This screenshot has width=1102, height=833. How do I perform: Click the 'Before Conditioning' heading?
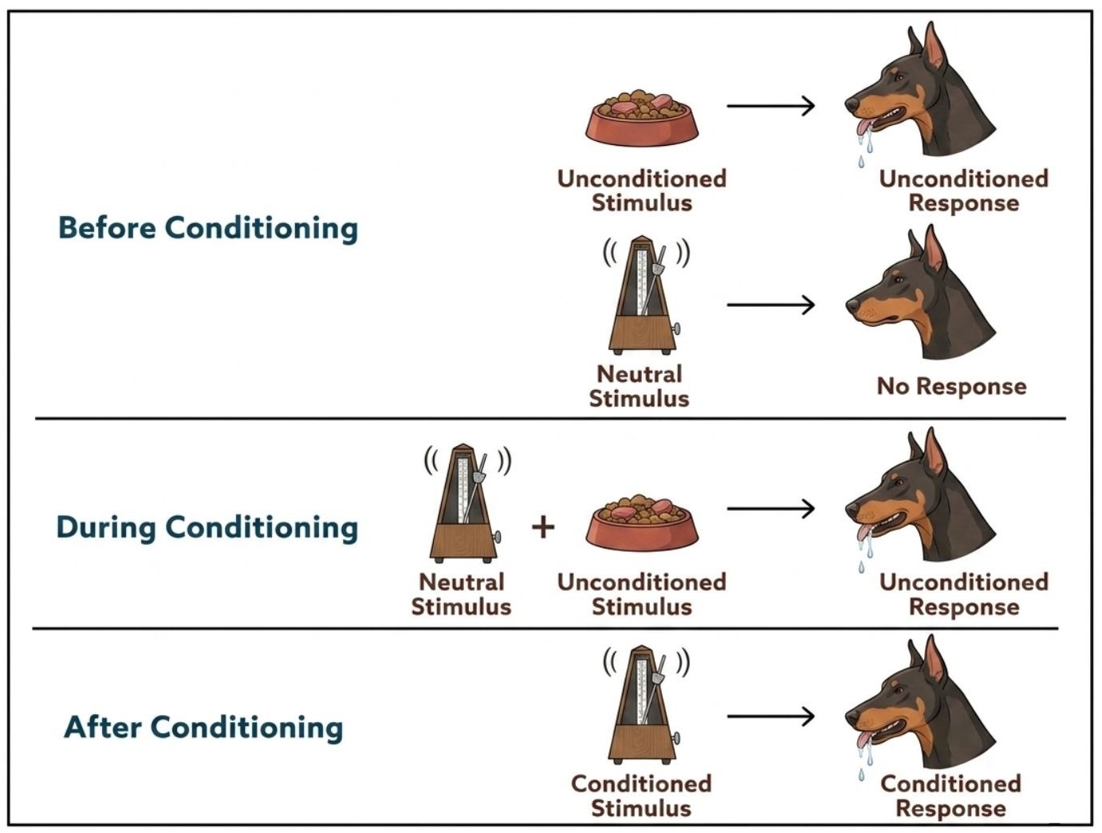tap(208, 228)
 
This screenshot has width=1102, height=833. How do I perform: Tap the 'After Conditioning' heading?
tap(203, 727)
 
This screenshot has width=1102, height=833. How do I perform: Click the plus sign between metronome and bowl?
tap(543, 528)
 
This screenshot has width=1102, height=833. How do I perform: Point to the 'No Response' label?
tap(951, 387)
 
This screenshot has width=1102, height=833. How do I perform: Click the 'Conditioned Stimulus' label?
tap(641, 796)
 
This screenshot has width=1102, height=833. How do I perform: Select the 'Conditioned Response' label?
tap(950, 796)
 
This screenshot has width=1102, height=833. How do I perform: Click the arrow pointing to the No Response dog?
tap(770, 305)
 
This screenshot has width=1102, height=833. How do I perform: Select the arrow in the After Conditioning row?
tap(770, 716)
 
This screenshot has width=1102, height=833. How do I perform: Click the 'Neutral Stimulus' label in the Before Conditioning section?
tap(639, 387)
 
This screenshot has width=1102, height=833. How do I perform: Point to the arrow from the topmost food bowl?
tap(770, 106)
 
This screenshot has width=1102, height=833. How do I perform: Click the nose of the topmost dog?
tap(852, 104)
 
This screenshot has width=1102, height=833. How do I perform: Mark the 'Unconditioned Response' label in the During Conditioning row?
tap(963, 595)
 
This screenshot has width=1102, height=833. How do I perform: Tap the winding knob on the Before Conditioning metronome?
tap(677, 328)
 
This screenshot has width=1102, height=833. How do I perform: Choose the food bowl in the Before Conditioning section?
tap(642, 118)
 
